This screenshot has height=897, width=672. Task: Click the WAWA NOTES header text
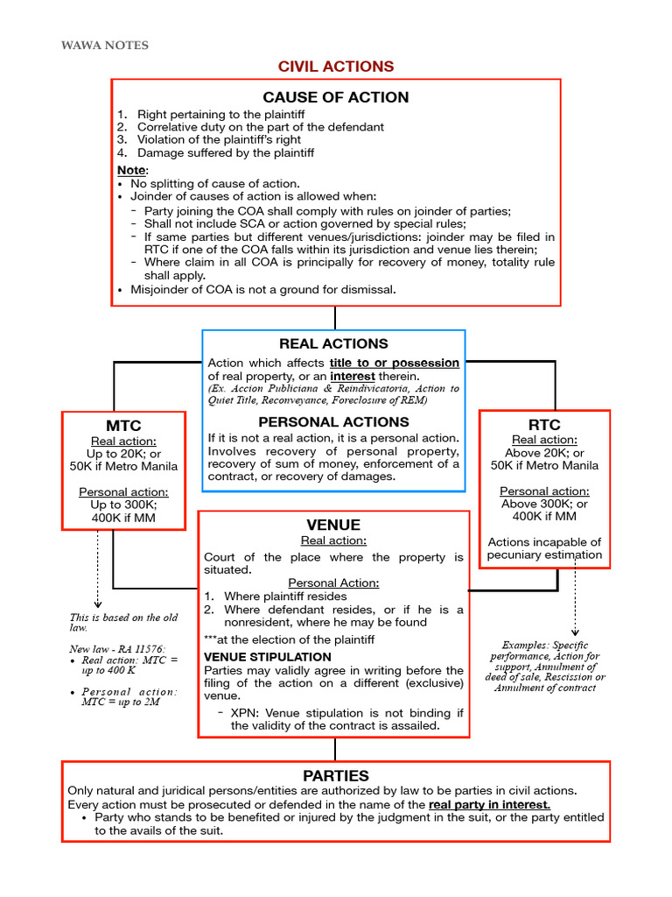click(104, 45)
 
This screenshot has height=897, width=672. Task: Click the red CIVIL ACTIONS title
click(335, 67)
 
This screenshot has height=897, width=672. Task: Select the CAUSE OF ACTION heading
click(335, 97)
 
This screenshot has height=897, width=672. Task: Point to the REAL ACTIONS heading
click(333, 343)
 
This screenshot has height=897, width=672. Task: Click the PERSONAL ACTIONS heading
click(333, 421)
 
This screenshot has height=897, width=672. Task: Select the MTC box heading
click(123, 426)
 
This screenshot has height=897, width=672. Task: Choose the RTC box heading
click(544, 425)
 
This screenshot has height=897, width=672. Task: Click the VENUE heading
click(333, 524)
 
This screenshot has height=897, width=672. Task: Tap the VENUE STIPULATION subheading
click(268, 657)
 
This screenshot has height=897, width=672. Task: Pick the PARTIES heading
click(335, 775)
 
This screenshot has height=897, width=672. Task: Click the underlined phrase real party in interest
click(489, 804)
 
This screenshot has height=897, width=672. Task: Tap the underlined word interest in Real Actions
click(353, 377)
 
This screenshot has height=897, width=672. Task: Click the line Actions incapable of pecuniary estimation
click(544, 548)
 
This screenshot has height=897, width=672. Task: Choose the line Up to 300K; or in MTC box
click(123, 505)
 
